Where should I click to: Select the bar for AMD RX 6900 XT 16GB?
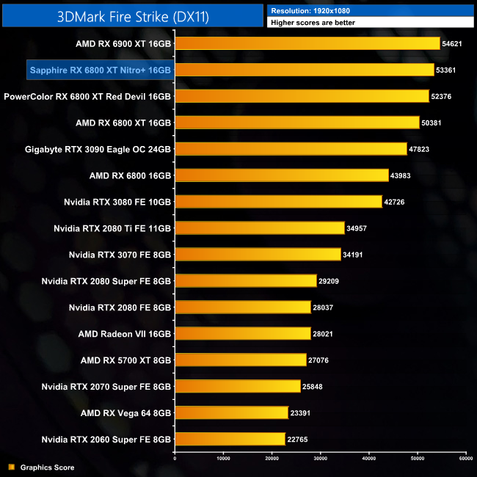tap(307, 43)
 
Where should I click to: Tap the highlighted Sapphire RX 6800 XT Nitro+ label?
tap(100, 70)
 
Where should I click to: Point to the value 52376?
tap(445, 96)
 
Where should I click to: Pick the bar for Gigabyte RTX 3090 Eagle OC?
tap(291, 149)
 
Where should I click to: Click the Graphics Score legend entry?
tap(47, 467)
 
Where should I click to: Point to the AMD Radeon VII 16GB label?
tap(125, 334)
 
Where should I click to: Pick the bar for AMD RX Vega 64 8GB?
tap(231, 412)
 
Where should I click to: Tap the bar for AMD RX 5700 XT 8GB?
tap(240, 360)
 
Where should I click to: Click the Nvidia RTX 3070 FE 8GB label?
tap(120, 255)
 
